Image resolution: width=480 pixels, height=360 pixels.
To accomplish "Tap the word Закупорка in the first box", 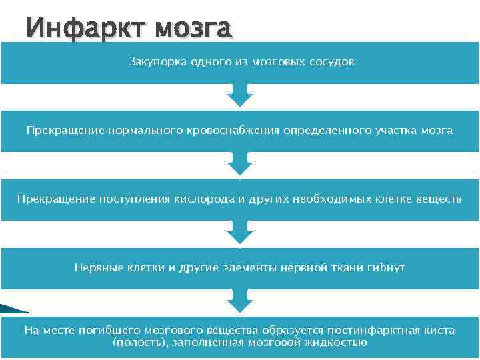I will click(x=154, y=62).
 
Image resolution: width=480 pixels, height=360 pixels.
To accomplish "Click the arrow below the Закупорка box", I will click(x=240, y=96).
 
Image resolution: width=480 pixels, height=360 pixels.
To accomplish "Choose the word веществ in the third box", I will click(x=439, y=199).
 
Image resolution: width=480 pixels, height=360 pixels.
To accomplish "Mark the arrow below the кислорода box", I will click(x=240, y=233).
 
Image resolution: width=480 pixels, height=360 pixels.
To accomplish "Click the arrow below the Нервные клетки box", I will click(x=240, y=302).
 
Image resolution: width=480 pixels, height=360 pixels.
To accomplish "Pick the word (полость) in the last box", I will click(x=137, y=343).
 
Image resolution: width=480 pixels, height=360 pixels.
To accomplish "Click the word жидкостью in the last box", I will click(x=338, y=343).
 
